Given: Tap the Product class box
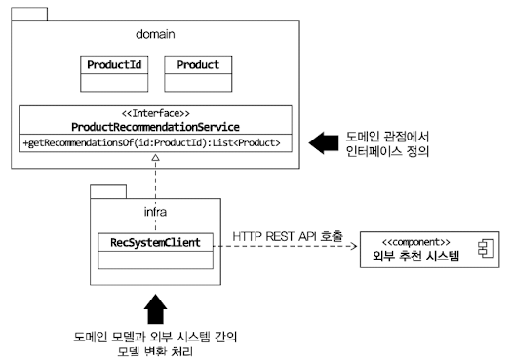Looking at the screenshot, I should pyautogui.click(x=197, y=74).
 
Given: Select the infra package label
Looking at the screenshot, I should pyautogui.click(x=147, y=210).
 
